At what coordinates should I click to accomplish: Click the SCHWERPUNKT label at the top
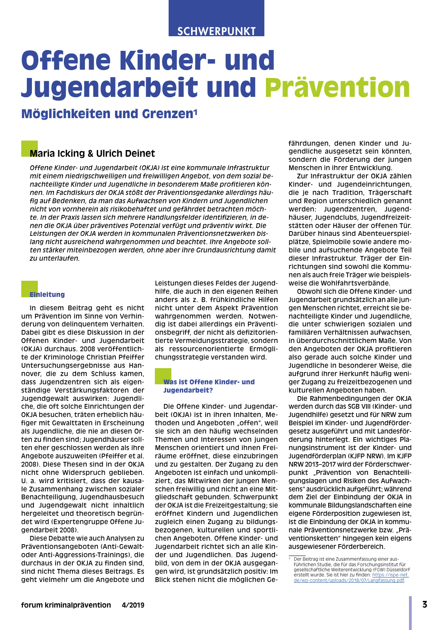(216, 31)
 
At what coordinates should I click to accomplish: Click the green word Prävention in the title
(338, 87)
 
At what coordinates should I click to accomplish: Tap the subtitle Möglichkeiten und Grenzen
(107, 114)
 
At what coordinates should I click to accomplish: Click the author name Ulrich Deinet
(125, 154)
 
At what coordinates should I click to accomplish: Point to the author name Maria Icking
(57, 154)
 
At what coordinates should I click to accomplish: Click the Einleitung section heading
(47, 295)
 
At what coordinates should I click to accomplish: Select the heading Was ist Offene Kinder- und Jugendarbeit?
(209, 386)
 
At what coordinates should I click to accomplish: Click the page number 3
(424, 604)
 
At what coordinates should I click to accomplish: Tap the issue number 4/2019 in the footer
(133, 605)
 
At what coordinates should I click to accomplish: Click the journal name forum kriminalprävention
(66, 605)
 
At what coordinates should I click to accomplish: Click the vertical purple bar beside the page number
(410, 612)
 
